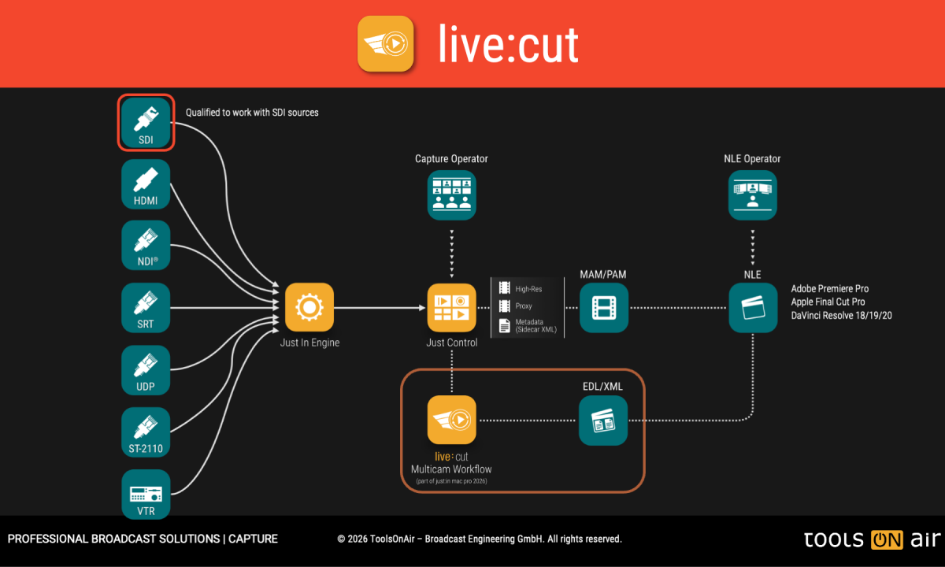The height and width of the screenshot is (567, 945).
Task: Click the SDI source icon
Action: [146, 122]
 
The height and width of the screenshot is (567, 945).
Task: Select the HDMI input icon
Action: [146, 183]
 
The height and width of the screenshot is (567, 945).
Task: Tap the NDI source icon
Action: [146, 245]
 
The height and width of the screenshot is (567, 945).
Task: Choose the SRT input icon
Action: [146, 307]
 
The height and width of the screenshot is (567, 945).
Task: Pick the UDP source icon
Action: [146, 369]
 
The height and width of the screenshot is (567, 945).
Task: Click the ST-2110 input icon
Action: [146, 432]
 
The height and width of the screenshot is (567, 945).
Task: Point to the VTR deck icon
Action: [146, 494]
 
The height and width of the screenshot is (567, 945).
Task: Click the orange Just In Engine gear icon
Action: [309, 308]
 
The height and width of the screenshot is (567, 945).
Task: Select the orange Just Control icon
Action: [452, 308]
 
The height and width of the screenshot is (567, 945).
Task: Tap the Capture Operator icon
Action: [452, 195]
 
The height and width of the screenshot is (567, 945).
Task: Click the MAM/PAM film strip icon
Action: [604, 308]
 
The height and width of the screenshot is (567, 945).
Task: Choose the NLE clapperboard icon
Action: [753, 308]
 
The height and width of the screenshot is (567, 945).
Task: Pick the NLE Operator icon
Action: [753, 195]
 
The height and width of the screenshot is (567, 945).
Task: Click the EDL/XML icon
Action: [603, 420]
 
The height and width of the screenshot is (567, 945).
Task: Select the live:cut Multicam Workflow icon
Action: [452, 420]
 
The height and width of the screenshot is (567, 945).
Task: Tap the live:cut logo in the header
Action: [386, 44]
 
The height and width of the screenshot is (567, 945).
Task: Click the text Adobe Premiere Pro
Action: [829, 289]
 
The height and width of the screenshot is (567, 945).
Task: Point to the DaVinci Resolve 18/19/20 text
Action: [841, 315]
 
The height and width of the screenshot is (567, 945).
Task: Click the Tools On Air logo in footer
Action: [872, 539]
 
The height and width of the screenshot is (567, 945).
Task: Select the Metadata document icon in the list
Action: [504, 325]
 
